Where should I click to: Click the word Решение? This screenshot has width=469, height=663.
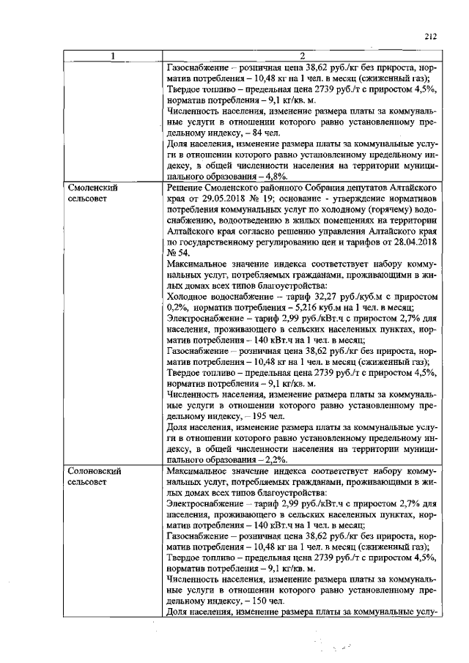[x=188, y=188]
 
